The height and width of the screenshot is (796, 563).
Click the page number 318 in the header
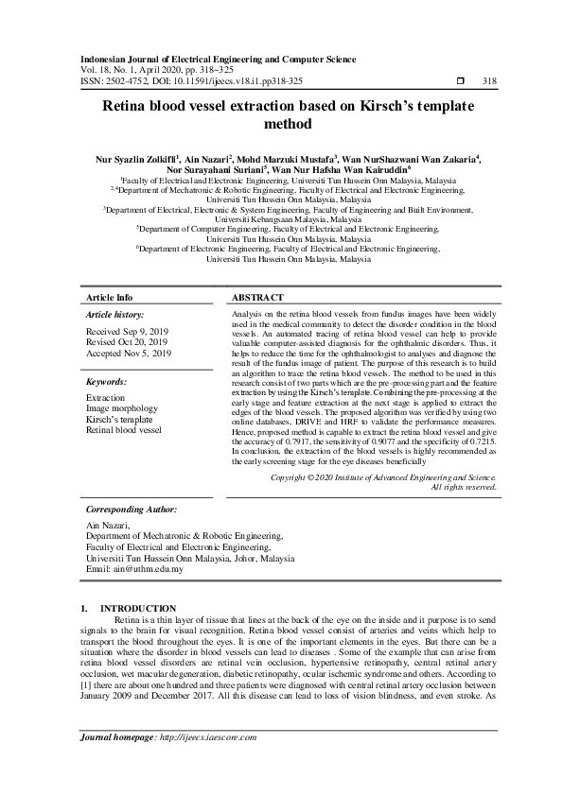pyautogui.click(x=489, y=81)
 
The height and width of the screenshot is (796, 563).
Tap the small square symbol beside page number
pyautogui.click(x=460, y=81)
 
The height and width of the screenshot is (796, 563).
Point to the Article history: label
pyautogui.click(x=115, y=313)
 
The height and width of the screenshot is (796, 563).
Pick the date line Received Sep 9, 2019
pyautogui.click(x=127, y=333)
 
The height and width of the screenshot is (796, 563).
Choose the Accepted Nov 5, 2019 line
pyautogui.click(x=129, y=353)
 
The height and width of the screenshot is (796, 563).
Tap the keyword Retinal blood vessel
pyautogui.click(x=124, y=429)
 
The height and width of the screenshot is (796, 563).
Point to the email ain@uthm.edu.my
pyautogui.click(x=133, y=569)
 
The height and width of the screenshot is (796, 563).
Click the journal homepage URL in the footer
pyautogui.click(x=205, y=736)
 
